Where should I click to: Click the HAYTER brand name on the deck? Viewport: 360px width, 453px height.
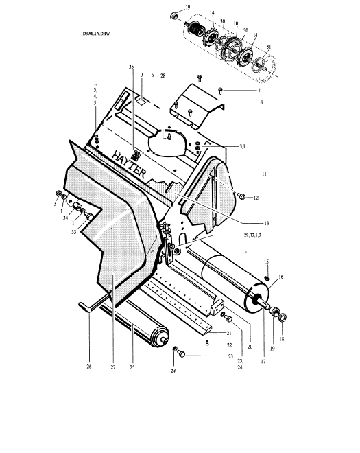pos(128,165)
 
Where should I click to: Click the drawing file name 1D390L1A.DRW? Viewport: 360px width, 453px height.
pos(95,34)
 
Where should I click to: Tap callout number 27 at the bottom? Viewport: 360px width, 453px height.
pos(113,367)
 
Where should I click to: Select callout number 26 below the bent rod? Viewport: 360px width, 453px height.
pos(89,367)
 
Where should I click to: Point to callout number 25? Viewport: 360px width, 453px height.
pos(132,367)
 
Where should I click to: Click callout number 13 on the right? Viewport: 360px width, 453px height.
pos(266,223)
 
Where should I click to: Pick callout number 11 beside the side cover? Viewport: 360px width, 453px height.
pos(264,174)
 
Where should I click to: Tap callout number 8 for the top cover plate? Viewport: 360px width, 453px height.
pos(261,102)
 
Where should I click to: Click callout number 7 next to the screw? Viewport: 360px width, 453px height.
pos(259,91)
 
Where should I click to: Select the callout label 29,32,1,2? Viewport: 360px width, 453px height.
pos(252,235)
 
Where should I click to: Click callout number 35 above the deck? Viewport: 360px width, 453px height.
pos(132,67)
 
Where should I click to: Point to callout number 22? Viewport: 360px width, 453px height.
pos(229,345)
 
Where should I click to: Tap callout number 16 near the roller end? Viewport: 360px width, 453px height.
pos(280,277)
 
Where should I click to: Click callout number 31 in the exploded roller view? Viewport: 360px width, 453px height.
pos(269,47)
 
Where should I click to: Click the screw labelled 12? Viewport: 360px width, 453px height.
pos(242,196)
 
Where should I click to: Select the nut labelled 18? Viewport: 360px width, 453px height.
pos(283,318)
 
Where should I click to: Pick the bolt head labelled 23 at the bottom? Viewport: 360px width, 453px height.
pos(181,354)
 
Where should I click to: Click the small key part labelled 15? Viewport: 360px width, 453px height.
pos(267,278)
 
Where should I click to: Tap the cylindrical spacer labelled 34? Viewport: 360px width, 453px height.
pos(77,207)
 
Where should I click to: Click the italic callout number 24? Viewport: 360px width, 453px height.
pos(173,371)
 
